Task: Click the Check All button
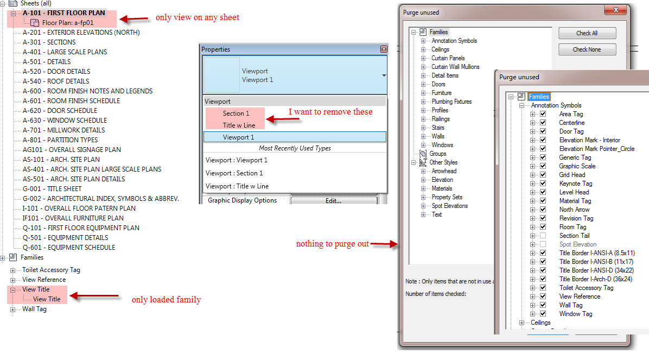(587, 33)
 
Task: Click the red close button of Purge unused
(616, 10)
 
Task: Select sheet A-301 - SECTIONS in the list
(49, 42)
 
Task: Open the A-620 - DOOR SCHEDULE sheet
(60, 111)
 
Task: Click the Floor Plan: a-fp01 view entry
(67, 23)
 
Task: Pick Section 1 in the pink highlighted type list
(236, 113)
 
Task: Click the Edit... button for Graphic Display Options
(333, 201)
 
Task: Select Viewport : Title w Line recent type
(237, 186)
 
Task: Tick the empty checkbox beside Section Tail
(543, 236)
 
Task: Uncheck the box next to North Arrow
(543, 210)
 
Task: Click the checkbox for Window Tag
(543, 314)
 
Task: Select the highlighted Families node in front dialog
(539, 97)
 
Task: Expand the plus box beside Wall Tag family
(13, 310)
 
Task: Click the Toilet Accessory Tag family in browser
(51, 270)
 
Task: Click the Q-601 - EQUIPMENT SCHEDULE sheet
(69, 248)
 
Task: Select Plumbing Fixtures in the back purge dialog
(451, 102)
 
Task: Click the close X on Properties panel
(384, 49)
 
